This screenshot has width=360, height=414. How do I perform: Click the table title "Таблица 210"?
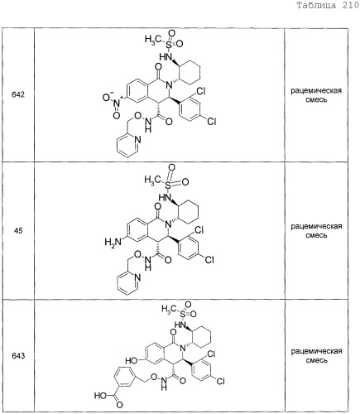click(328, 6)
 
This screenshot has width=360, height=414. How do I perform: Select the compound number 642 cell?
click(18, 94)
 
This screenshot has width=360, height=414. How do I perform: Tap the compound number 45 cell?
click(18, 230)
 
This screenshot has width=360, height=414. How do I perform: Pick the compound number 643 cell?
click(18, 356)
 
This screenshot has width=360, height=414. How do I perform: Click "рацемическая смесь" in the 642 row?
click(316, 94)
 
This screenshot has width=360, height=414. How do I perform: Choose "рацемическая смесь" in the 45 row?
click(316, 230)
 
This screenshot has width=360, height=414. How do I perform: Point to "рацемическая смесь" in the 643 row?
click(316, 356)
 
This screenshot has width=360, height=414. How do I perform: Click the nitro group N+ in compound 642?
click(117, 103)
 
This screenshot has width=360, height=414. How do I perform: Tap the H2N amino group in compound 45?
click(113, 242)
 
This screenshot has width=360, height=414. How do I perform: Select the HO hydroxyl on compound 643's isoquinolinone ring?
click(132, 360)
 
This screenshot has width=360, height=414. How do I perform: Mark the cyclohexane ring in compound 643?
click(201, 337)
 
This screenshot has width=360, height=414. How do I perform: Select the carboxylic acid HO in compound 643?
click(101, 396)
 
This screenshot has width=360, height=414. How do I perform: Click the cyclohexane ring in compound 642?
click(190, 70)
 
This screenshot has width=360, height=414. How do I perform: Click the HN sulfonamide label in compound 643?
click(180, 325)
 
